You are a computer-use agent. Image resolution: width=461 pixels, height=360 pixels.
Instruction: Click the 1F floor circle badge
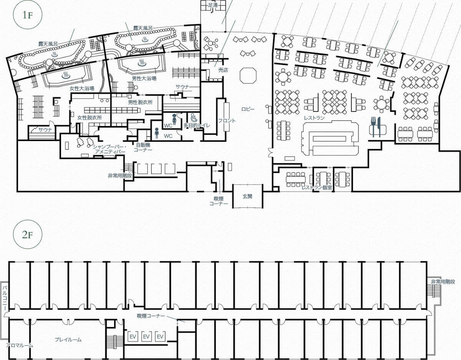(x=28, y=15)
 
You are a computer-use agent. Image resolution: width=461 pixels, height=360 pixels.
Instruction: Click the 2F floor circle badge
(x=28, y=234)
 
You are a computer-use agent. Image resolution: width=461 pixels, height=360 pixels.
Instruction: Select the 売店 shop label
(x=223, y=70)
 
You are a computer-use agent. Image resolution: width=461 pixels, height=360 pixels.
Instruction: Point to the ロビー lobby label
(x=248, y=109)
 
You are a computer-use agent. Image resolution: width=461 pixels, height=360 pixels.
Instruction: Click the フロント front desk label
(x=227, y=121)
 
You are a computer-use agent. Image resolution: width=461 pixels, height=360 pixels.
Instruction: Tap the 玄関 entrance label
(x=247, y=196)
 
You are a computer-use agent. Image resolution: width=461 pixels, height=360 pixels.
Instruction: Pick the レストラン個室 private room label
(x=317, y=187)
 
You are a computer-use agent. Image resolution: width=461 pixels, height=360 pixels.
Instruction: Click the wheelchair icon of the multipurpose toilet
(x=193, y=118)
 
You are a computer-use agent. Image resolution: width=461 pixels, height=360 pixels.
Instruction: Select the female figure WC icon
(x=174, y=119)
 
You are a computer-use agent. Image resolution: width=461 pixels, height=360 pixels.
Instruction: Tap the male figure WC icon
(x=157, y=133)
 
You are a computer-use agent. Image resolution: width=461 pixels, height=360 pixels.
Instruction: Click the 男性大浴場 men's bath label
(x=144, y=78)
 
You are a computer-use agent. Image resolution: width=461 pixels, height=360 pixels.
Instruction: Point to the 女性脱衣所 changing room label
(x=90, y=118)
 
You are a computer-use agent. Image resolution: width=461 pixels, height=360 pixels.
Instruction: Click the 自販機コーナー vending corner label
(x=143, y=147)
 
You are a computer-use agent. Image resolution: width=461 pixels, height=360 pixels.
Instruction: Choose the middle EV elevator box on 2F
(x=146, y=337)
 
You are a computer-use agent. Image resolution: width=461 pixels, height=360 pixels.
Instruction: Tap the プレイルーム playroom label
(x=68, y=340)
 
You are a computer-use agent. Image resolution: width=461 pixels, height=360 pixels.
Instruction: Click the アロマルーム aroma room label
(x=20, y=345)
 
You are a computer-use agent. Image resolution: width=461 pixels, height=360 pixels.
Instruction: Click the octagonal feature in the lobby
(x=248, y=76)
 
